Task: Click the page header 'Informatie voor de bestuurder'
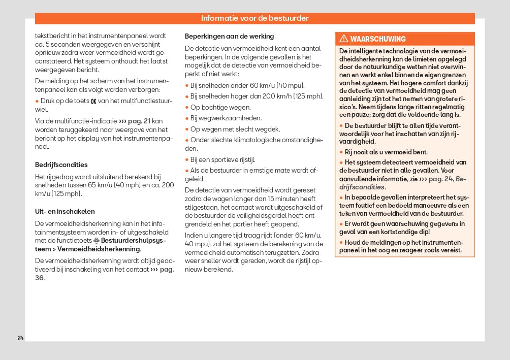pos(254,18)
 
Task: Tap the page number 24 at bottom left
pos(20,338)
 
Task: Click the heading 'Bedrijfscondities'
pos(61,165)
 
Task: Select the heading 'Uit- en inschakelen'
pos(65,212)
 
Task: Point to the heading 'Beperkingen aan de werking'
pos(229,37)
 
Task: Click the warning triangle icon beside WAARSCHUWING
pos(343,39)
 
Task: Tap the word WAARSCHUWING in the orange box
pos(378,39)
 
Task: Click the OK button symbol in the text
pos(93,101)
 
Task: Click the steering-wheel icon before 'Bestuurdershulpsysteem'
pos(96,240)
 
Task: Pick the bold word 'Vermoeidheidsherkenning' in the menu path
pos(99,249)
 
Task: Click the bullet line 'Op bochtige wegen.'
pos(220,108)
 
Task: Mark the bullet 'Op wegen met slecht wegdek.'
pos(235,129)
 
